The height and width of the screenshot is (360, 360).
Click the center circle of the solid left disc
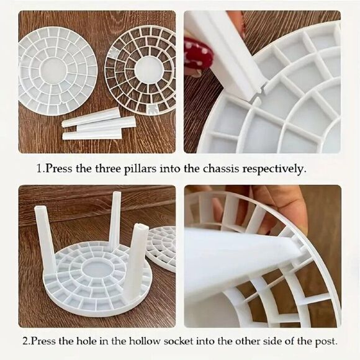[x=56, y=70]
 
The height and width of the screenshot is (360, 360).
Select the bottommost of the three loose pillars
[x=92, y=134]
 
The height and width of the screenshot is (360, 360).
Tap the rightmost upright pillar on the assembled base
[x=137, y=261]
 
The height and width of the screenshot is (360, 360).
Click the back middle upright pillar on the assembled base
[x=115, y=220]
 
